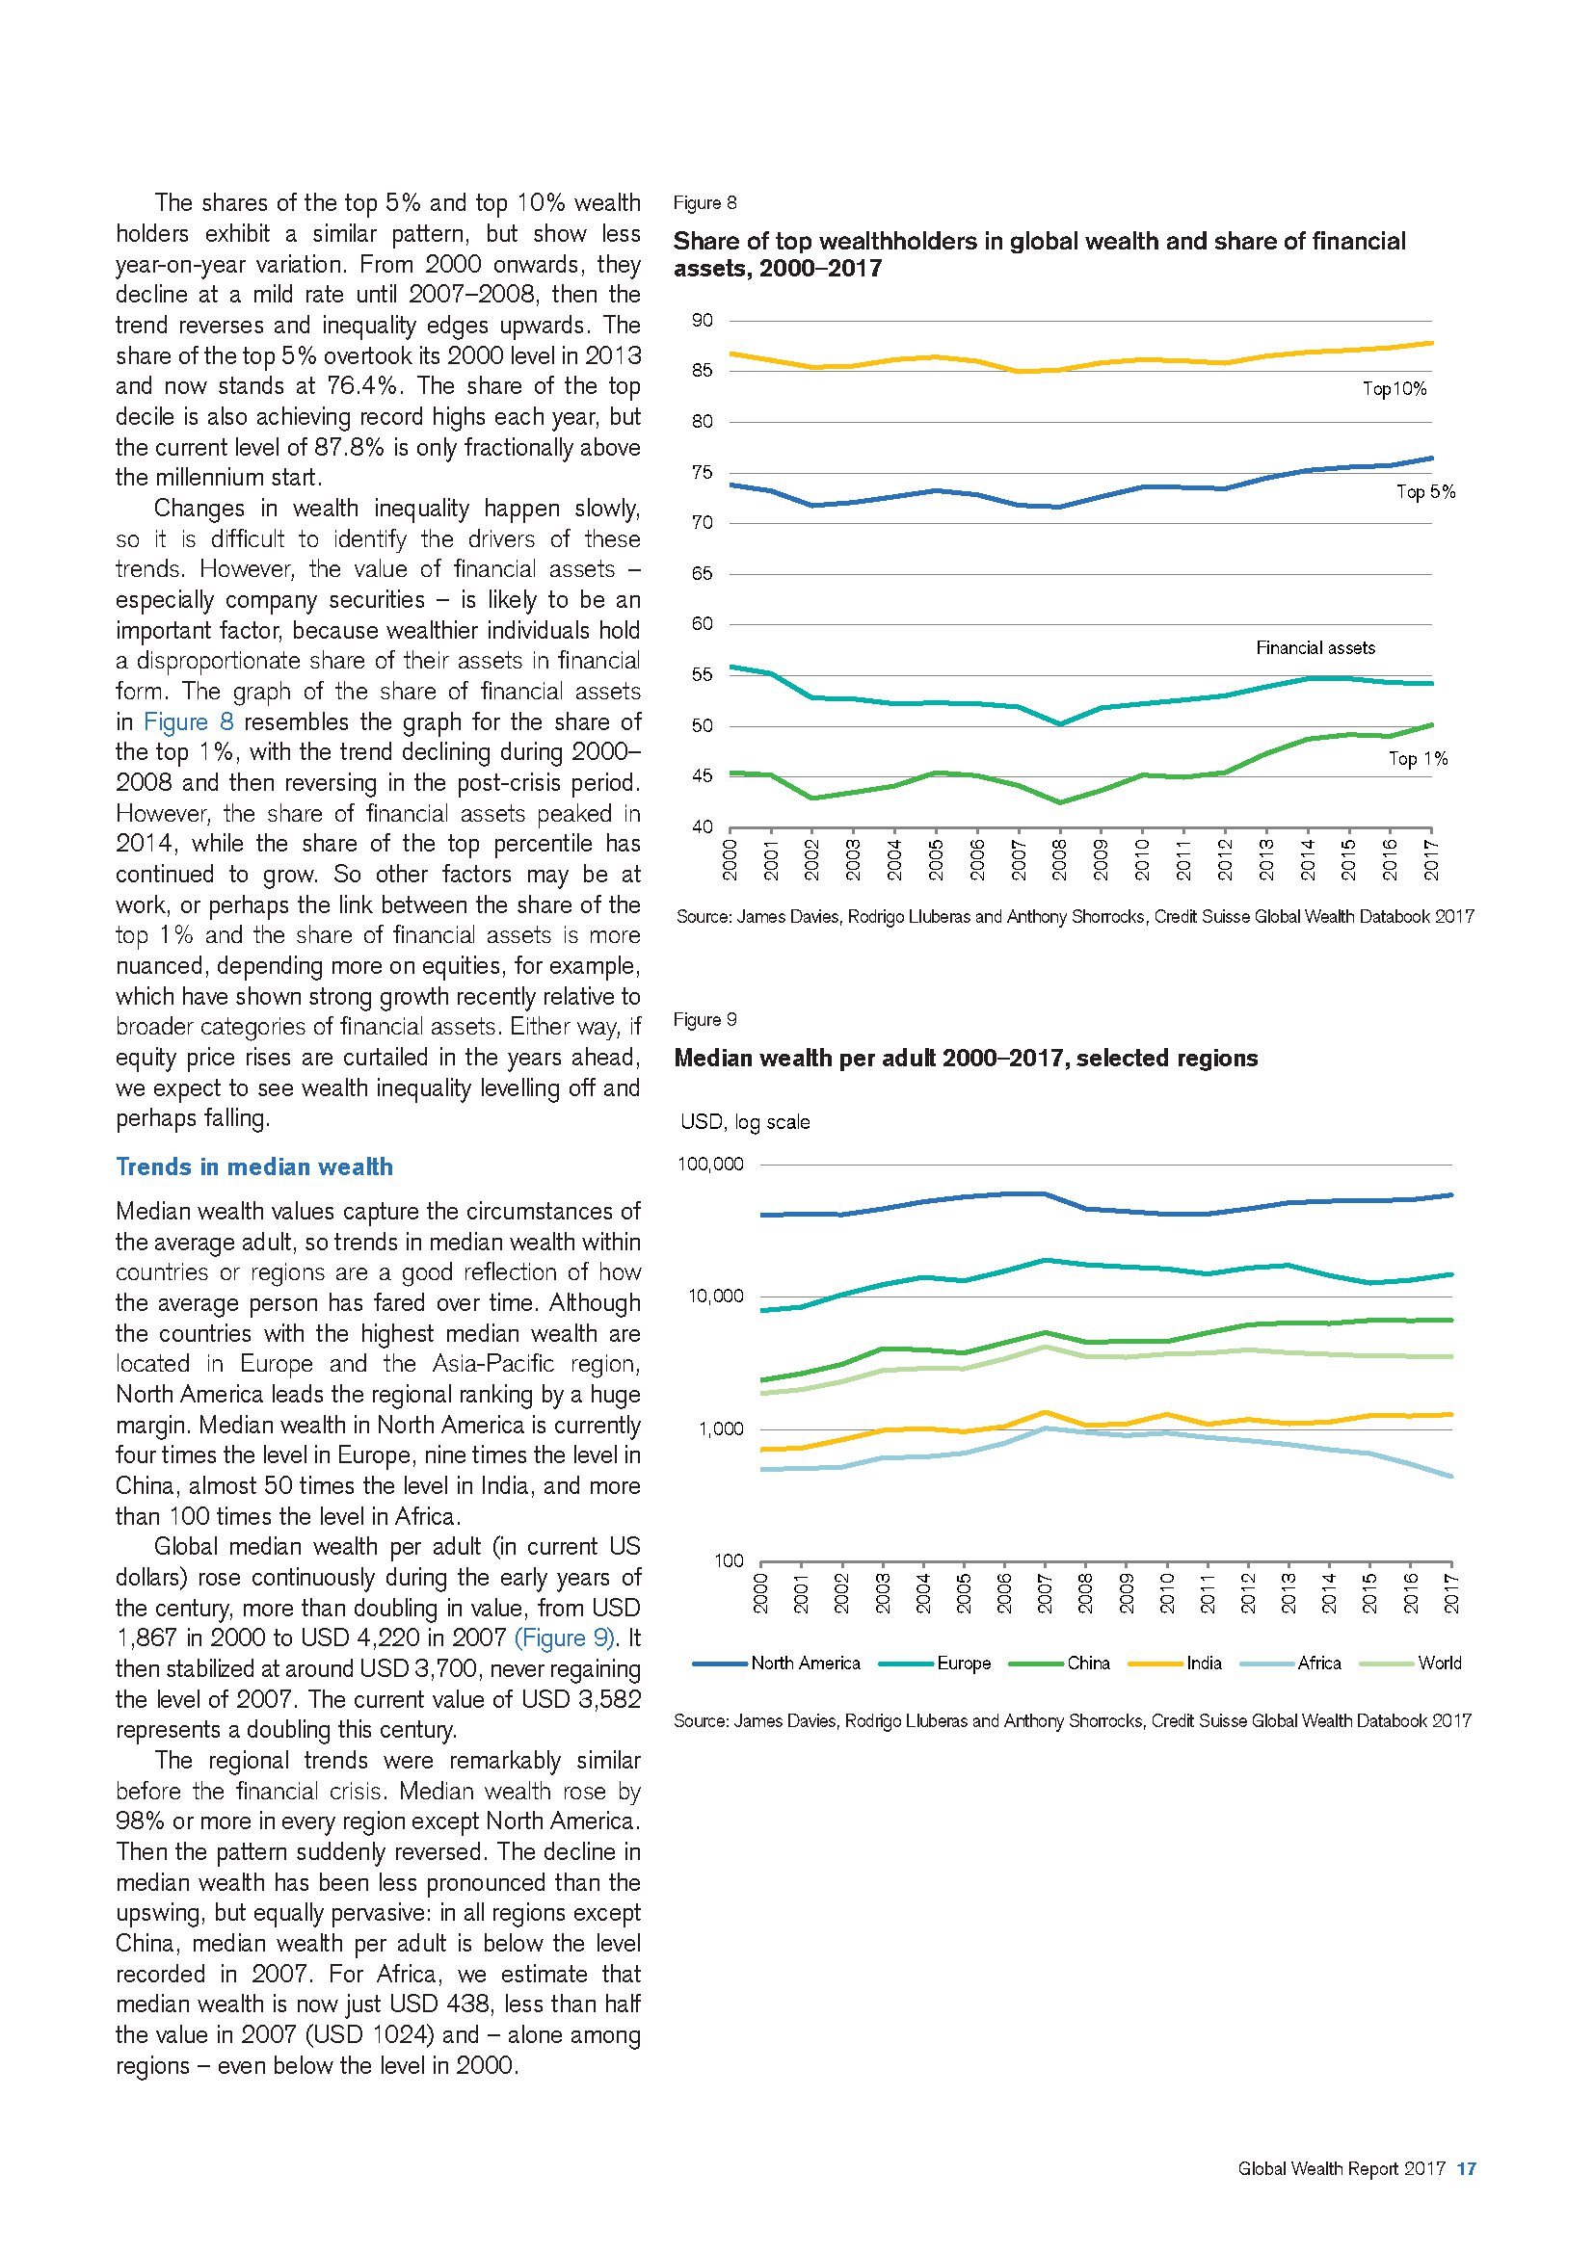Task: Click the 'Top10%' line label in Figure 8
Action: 1394,389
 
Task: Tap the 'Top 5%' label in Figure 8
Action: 1425,492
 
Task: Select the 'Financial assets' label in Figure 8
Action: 1315,647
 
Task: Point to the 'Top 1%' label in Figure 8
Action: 1418,758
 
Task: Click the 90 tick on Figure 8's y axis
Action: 702,321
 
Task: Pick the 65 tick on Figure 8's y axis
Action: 702,574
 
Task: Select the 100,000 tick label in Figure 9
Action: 709,1165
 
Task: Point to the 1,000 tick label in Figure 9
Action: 720,1429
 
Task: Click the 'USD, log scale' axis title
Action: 745,1122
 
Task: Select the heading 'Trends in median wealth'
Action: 254,1166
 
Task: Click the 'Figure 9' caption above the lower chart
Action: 704,1019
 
